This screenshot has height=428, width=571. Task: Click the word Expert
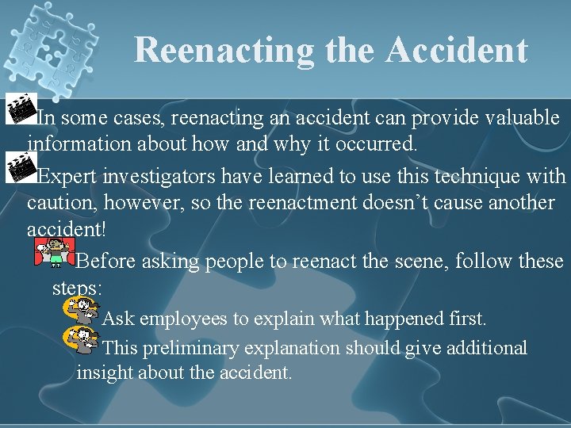pyautogui.click(x=65, y=177)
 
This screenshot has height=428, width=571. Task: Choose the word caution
pyautogui.click(x=56, y=203)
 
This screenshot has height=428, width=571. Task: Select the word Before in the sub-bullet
pyautogui.click(x=107, y=262)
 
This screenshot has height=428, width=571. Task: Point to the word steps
pyautogui.click(x=76, y=288)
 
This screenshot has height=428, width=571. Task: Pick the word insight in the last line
pyautogui.click(x=105, y=373)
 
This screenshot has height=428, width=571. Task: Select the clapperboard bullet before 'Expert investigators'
pyautogui.click(x=18, y=167)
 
